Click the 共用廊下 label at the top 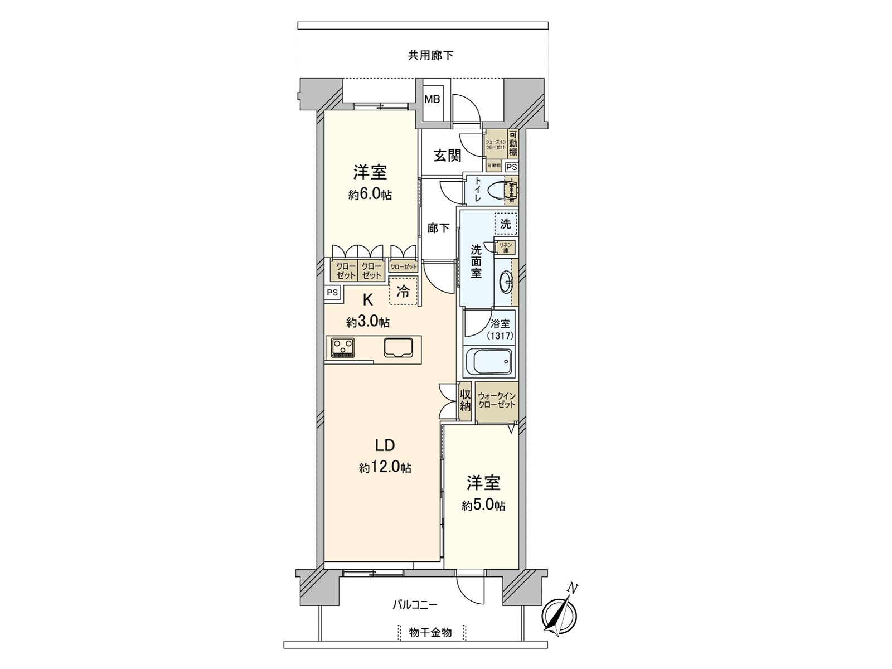click(430, 55)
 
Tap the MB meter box click(433, 100)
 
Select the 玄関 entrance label click(448, 156)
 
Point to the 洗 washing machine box click(506, 224)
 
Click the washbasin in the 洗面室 click(506, 283)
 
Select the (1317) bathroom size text click(500, 336)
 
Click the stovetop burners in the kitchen click(343, 348)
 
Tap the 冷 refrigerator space click(403, 291)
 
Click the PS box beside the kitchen click(333, 293)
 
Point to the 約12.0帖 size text click(385, 468)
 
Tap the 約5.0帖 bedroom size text click(483, 506)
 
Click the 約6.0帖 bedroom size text click(370, 195)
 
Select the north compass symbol click(559, 615)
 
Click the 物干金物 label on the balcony click(430, 633)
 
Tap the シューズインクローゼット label click(496, 144)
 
